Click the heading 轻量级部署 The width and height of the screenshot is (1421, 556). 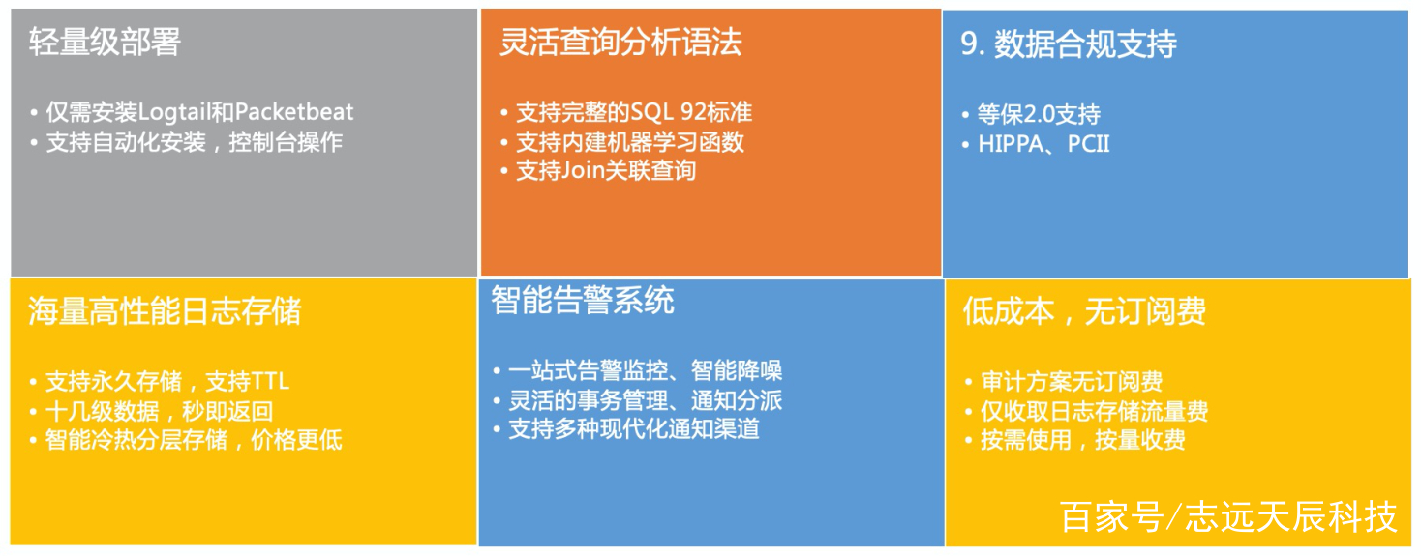105,43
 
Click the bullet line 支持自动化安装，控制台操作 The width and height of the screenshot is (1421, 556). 195,142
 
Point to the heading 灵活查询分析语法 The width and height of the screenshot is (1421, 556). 620,43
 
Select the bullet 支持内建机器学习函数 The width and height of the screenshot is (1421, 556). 630,142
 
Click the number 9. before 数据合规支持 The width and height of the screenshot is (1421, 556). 973,44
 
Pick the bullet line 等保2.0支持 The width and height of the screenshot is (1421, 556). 1039,114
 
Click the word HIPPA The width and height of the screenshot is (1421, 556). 1011,144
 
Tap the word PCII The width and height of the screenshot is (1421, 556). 1089,144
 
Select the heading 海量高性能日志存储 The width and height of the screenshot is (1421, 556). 165,311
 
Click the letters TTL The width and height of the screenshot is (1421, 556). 271,382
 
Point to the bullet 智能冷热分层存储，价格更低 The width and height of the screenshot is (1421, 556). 194,440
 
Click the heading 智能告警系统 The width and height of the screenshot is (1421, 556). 583,300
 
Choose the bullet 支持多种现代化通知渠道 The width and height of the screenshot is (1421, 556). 634,429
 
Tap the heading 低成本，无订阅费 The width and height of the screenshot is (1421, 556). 1084,311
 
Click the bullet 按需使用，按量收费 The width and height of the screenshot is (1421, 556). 1083,440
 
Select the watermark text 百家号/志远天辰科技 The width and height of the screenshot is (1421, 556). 1228,516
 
